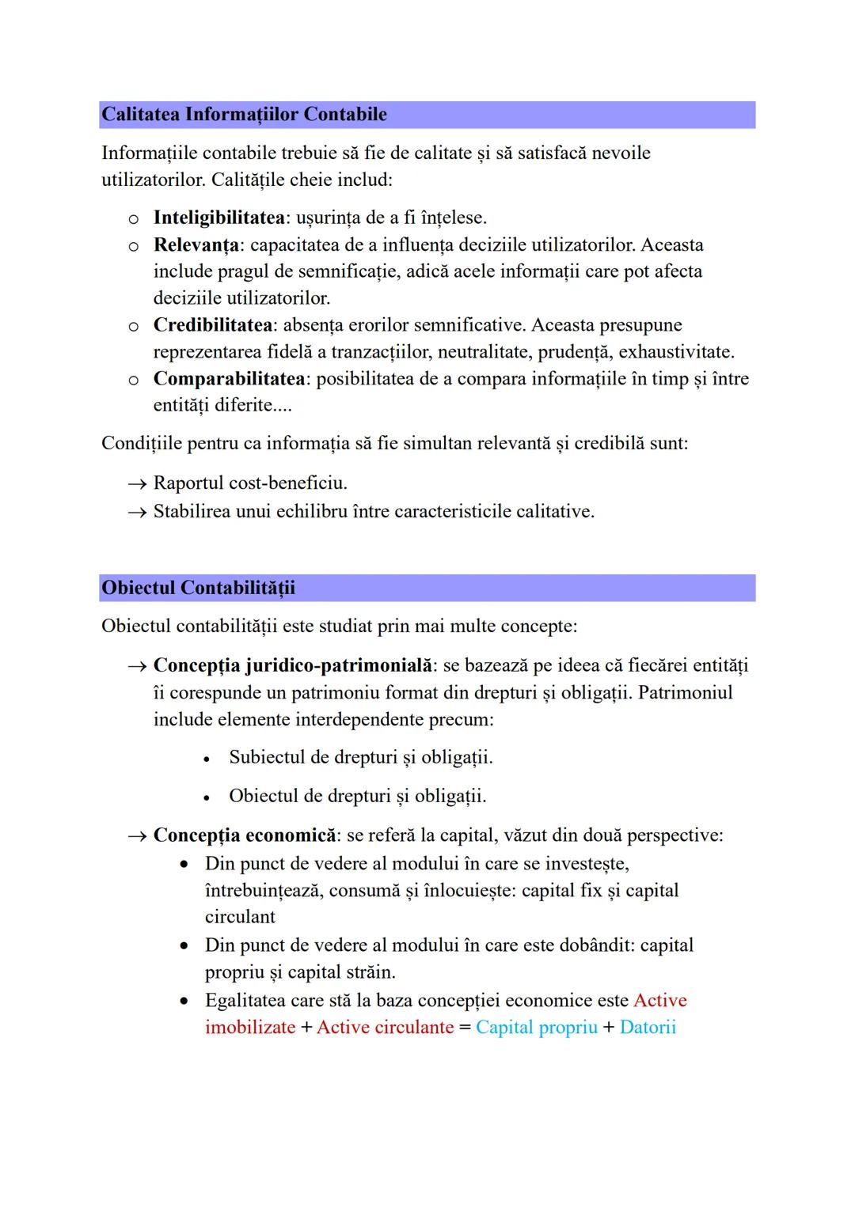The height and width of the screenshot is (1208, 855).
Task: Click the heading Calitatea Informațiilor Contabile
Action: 244,115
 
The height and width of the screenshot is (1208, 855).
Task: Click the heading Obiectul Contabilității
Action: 198,588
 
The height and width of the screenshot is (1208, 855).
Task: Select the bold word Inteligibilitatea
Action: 218,218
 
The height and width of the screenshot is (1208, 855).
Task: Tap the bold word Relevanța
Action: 196,244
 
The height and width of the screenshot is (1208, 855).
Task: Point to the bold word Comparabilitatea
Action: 229,379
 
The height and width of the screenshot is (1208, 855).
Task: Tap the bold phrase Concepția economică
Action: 244,835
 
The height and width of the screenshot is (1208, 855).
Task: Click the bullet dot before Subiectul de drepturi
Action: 207,759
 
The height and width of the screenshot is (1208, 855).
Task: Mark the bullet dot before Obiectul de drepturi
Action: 207,797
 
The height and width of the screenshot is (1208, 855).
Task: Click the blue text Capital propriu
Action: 536,1028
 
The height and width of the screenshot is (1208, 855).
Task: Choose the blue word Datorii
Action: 648,1028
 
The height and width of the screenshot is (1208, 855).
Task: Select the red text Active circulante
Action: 385,1028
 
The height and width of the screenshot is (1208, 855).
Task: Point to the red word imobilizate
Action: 249,1028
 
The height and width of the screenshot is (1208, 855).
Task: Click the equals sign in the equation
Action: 465,1028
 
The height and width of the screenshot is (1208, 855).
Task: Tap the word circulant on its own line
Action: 240,917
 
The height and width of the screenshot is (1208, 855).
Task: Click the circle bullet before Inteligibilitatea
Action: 134,218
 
